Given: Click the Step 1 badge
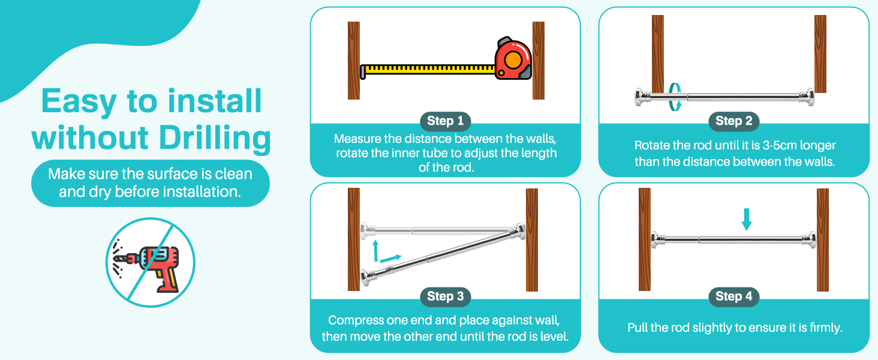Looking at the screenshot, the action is point(445,121).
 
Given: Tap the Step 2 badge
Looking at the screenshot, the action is point(733,121).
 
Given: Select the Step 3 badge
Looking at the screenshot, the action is point(445,296).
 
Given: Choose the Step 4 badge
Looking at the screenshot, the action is point(733,296).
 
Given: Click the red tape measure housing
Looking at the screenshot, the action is point(513,59).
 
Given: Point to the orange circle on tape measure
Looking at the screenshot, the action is point(513,59).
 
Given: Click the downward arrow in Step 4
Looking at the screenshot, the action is point(747,219).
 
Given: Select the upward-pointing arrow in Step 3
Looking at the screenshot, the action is point(375,250).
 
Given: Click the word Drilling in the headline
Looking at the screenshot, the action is point(215,138).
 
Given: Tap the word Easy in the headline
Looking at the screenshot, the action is point(79,102).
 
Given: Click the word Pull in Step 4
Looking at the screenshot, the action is point(637,327).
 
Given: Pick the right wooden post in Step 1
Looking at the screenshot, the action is point(538,61).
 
